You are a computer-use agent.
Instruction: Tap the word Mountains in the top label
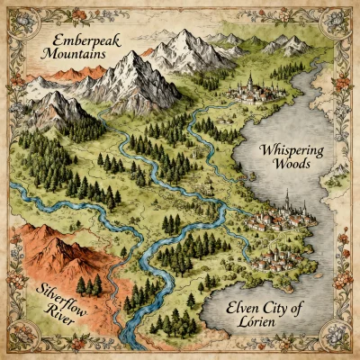pyautogui.click(x=75, y=55)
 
